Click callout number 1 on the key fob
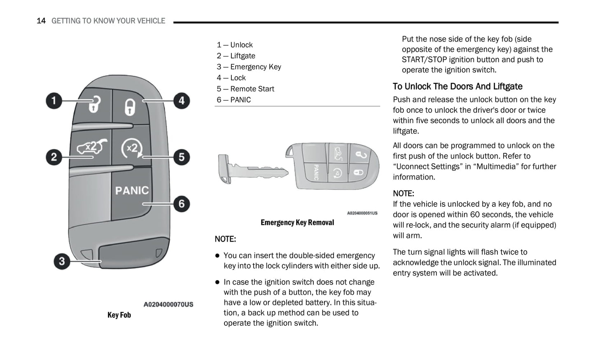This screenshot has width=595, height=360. [x=54, y=101]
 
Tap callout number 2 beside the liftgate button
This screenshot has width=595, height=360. [x=54, y=157]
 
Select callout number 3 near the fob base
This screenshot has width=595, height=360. [x=62, y=261]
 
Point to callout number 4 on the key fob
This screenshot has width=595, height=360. [x=182, y=101]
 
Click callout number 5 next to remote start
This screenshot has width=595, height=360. [x=182, y=157]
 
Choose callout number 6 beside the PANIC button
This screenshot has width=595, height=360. [x=182, y=204]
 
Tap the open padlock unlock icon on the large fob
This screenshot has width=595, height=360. [x=94, y=104]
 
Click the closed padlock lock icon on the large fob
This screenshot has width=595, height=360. [x=130, y=107]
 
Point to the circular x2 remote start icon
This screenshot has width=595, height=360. [x=132, y=148]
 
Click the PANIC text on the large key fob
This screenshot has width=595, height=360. [x=132, y=190]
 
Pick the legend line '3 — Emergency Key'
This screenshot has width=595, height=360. [x=249, y=67]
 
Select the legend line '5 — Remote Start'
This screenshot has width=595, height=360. [x=245, y=89]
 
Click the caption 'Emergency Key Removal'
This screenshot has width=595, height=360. [x=297, y=222]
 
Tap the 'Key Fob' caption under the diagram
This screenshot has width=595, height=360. [x=119, y=315]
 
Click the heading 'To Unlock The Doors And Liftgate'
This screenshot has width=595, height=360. [x=457, y=86]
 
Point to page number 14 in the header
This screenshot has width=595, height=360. [x=41, y=21]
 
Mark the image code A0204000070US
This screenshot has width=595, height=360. [x=168, y=304]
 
